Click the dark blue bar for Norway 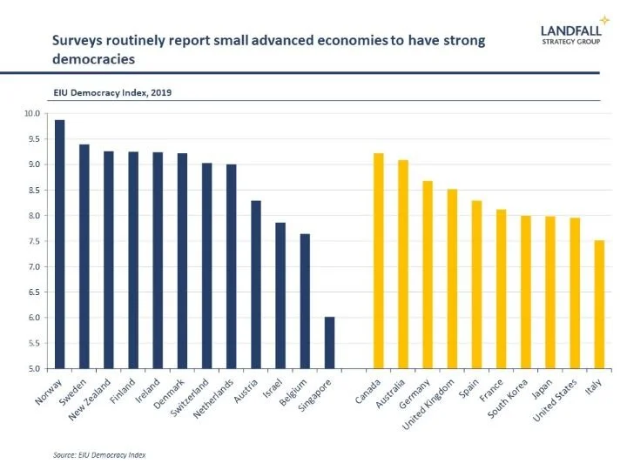(x=59, y=244)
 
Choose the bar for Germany (x=428, y=275)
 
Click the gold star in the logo (x=604, y=19)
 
